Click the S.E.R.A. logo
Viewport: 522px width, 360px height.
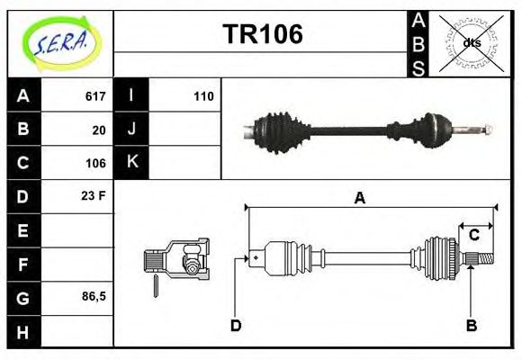[61, 42]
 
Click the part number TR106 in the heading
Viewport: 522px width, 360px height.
[262, 35]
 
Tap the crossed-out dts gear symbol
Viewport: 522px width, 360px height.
[470, 43]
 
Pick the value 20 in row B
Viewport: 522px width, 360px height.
[99, 130]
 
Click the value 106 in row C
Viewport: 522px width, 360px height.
[95, 163]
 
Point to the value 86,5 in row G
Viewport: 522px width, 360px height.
[92, 296]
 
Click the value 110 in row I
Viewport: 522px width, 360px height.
[203, 96]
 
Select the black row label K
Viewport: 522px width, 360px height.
[131, 162]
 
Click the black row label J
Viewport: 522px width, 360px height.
[131, 129]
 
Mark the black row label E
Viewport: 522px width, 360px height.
[22, 230]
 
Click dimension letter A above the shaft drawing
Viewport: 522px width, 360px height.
[360, 198]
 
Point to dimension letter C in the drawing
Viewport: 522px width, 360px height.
[473, 236]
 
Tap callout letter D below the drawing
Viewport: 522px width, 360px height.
[236, 325]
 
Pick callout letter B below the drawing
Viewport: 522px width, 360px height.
[471, 325]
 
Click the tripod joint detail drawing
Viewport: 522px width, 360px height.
[177, 260]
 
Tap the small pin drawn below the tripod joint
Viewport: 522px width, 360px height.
[155, 286]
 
